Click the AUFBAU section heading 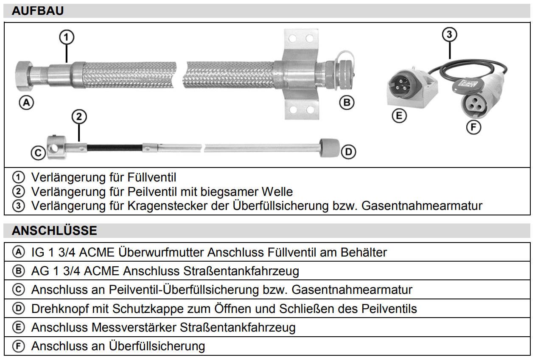pos(38,11)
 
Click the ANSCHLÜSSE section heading pos(54,231)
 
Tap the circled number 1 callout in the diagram pos(67,38)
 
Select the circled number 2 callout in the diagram pos(79,116)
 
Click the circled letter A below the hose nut pos(26,102)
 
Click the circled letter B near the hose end pos(347,102)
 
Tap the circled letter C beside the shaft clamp pos(38,153)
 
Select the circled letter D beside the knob pos(348,152)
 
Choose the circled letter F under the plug pos(473,127)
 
